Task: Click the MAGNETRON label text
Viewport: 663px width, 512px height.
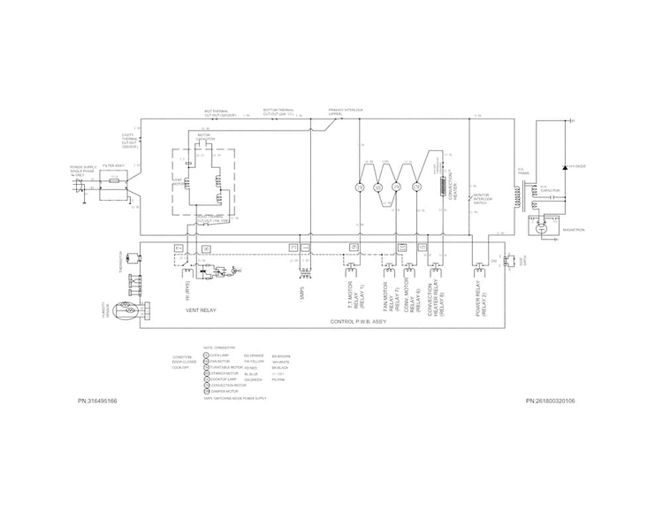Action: pyautogui.click(x=573, y=229)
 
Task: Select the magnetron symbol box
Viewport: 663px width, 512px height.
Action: pyautogui.click(x=543, y=227)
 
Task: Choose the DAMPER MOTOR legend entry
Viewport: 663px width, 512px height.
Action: pyautogui.click(x=220, y=392)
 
